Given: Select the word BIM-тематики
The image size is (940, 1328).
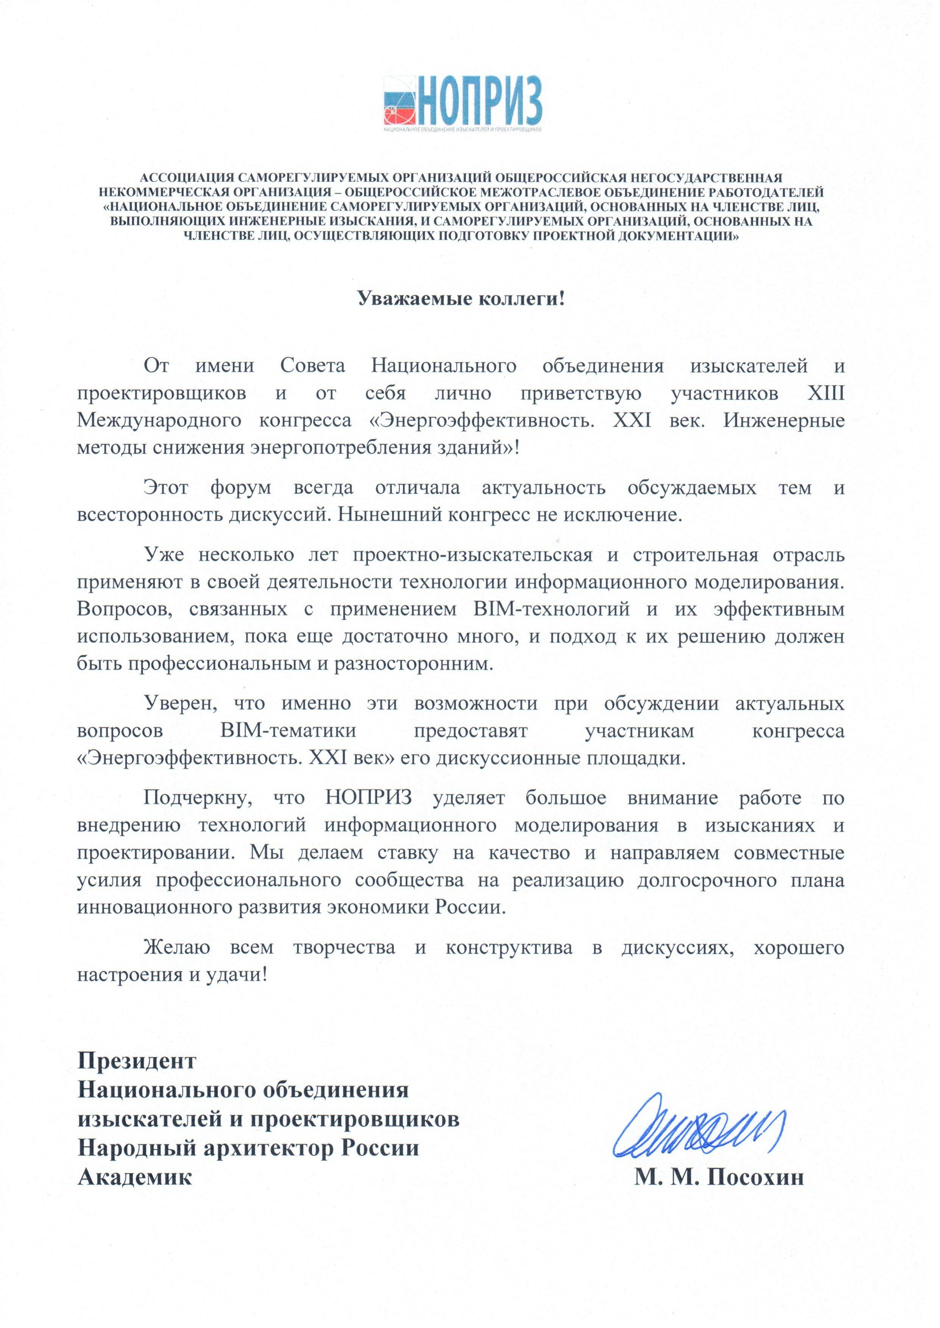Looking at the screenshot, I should tap(288, 731).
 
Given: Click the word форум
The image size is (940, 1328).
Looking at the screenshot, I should tap(241, 488).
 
